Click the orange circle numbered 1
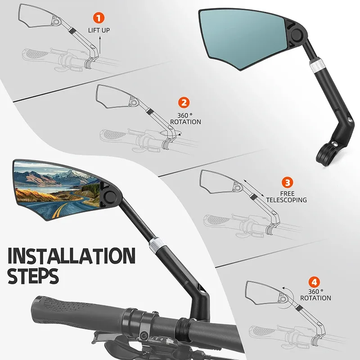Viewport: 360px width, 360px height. [99, 18]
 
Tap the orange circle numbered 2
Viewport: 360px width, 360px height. [183, 102]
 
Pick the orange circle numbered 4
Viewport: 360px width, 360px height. [315, 283]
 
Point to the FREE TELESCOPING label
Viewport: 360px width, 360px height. [286, 196]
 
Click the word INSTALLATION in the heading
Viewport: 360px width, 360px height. [72, 256]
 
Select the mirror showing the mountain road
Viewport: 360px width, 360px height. [56, 189]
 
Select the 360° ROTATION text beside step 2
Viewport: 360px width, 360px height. [185, 118]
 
